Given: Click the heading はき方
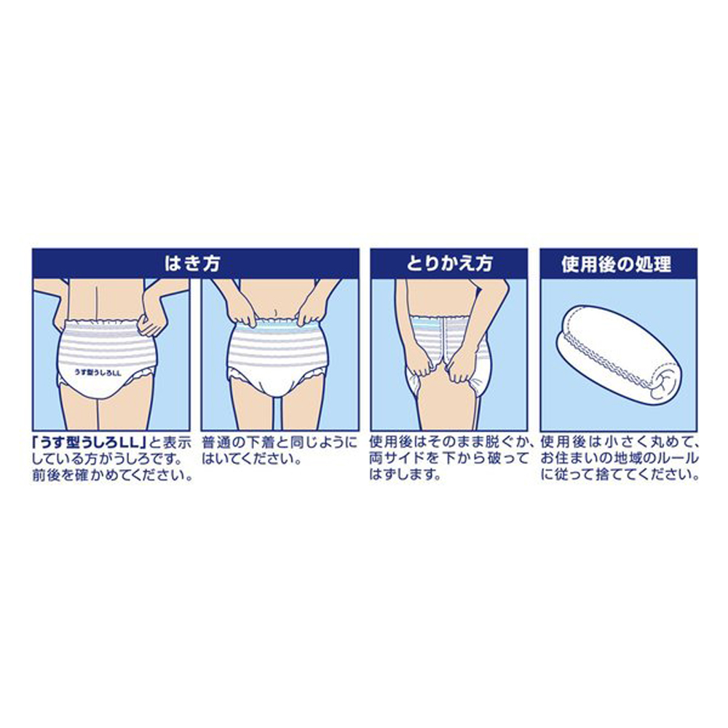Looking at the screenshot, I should click(x=195, y=264).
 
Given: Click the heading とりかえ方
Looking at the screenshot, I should click(x=449, y=264).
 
